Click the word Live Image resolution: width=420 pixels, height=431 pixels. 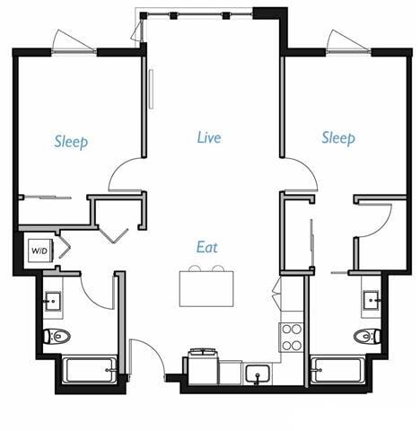coord(209,138)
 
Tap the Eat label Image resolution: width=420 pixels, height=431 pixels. coord(208,247)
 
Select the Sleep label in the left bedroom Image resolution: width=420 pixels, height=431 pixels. coord(71,141)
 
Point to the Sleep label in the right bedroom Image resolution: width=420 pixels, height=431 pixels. coord(338,137)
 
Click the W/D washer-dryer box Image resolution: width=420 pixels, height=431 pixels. coord(39,250)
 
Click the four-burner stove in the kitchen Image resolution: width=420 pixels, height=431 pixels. coord(293,337)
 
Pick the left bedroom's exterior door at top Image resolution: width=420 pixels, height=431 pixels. coord(73,42)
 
